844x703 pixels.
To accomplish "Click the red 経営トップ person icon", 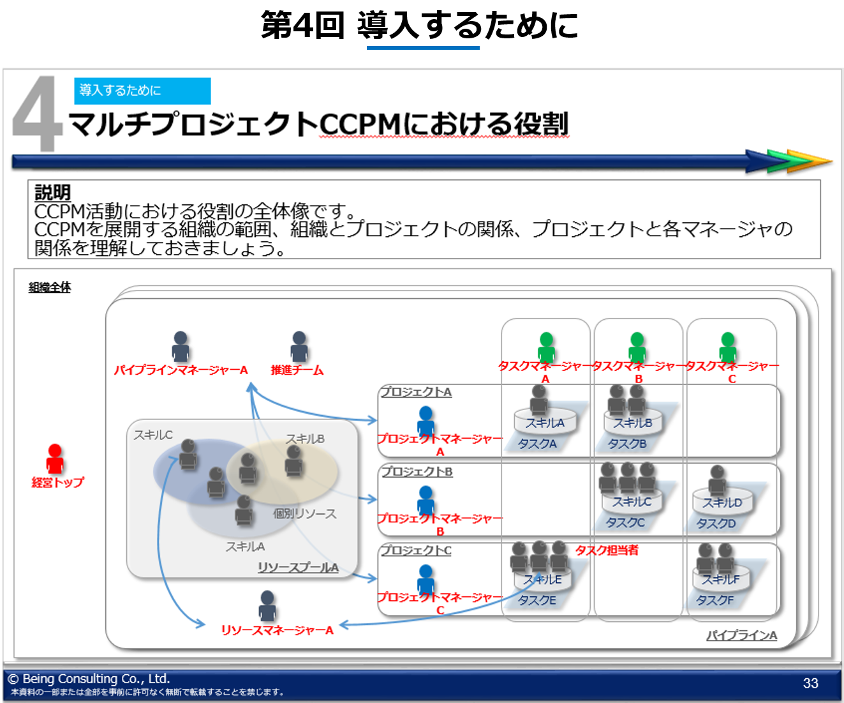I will [x=56, y=458].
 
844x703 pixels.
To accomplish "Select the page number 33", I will [x=810, y=683].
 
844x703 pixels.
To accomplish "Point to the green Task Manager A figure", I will [x=546, y=347].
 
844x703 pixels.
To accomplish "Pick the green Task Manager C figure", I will [x=728, y=347].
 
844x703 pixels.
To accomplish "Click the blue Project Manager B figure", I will [x=426, y=500].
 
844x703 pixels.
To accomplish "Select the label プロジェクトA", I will [x=416, y=392].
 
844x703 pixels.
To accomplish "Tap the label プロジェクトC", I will [x=416, y=550].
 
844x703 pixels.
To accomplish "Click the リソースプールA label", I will [x=298, y=568].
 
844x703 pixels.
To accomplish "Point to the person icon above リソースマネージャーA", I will [x=267, y=605].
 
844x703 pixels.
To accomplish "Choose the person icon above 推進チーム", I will [x=299, y=346].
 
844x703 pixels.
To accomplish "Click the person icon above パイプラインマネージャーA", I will [x=181, y=346].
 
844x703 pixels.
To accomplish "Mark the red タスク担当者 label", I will [x=607, y=550].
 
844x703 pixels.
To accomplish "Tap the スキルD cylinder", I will [x=723, y=503].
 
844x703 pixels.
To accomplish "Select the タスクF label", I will [x=714, y=600].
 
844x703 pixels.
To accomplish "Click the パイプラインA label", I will [x=741, y=635].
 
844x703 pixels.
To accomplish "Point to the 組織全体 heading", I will [x=50, y=287].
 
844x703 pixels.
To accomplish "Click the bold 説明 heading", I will [x=52, y=192].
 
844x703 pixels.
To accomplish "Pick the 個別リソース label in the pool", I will [x=304, y=513].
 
